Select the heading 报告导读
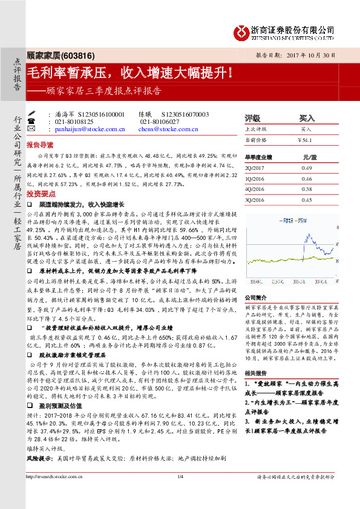coord(40,146)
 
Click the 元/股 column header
coord(310,157)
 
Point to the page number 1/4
coord(180,496)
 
